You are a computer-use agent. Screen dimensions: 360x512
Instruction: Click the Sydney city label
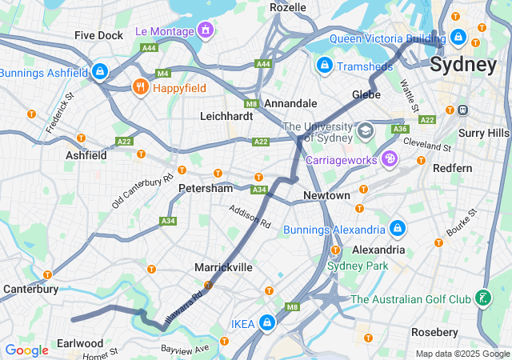click(x=463, y=65)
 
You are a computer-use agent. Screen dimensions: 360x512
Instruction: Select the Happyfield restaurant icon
click(x=140, y=86)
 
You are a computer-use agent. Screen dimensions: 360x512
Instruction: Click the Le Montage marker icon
click(x=206, y=31)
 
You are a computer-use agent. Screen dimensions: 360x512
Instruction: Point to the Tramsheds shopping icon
click(x=325, y=66)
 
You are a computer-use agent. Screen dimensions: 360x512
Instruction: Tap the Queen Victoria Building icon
click(x=458, y=37)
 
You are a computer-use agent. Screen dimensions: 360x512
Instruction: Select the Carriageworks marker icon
click(x=389, y=159)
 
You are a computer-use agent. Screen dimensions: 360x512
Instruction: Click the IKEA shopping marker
click(x=266, y=323)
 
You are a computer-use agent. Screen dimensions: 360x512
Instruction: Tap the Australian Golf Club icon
click(x=483, y=299)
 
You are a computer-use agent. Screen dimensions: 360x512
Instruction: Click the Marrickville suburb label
click(x=223, y=267)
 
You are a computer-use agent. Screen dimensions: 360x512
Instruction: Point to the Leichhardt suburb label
click(x=226, y=116)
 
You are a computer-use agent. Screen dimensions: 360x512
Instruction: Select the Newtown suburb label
click(x=326, y=196)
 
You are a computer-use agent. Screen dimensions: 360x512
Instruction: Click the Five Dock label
click(x=98, y=36)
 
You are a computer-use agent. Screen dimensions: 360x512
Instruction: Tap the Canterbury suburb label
click(x=30, y=289)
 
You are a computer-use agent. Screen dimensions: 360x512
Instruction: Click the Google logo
click(x=26, y=350)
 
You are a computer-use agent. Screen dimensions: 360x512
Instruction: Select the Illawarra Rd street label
click(x=182, y=304)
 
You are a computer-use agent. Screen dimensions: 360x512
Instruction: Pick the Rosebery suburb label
click(x=435, y=331)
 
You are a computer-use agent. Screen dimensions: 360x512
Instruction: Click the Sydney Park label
click(x=358, y=265)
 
